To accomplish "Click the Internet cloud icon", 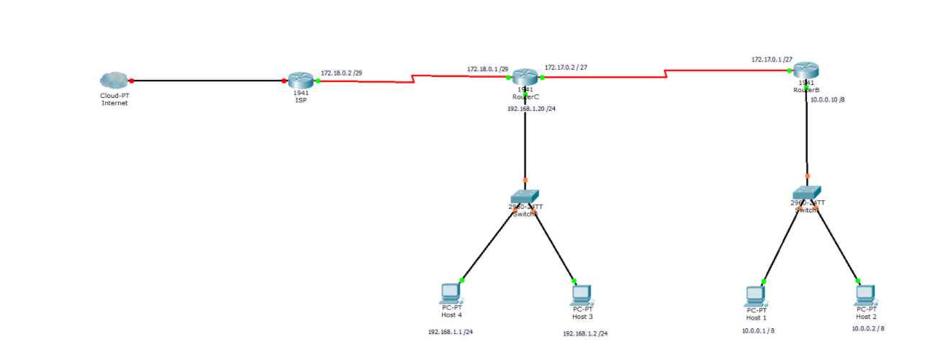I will [x=114, y=80].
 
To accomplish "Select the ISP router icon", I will [x=299, y=80].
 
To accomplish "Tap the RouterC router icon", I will [x=525, y=76].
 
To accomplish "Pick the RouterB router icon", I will [x=807, y=71].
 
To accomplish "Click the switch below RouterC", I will [x=525, y=196].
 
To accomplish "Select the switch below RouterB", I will [x=806, y=192].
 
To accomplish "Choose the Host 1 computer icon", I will [x=755, y=295].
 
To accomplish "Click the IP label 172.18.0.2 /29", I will [x=342, y=73].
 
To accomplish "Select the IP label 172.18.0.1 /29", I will [x=488, y=69].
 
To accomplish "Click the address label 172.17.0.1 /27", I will [x=772, y=59].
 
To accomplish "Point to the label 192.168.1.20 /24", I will [x=531, y=109].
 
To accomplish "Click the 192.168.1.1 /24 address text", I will [x=451, y=332].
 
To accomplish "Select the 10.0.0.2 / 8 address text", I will [x=868, y=328].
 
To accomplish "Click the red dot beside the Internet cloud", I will [x=131, y=81].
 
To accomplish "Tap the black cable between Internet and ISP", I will [x=209, y=81].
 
